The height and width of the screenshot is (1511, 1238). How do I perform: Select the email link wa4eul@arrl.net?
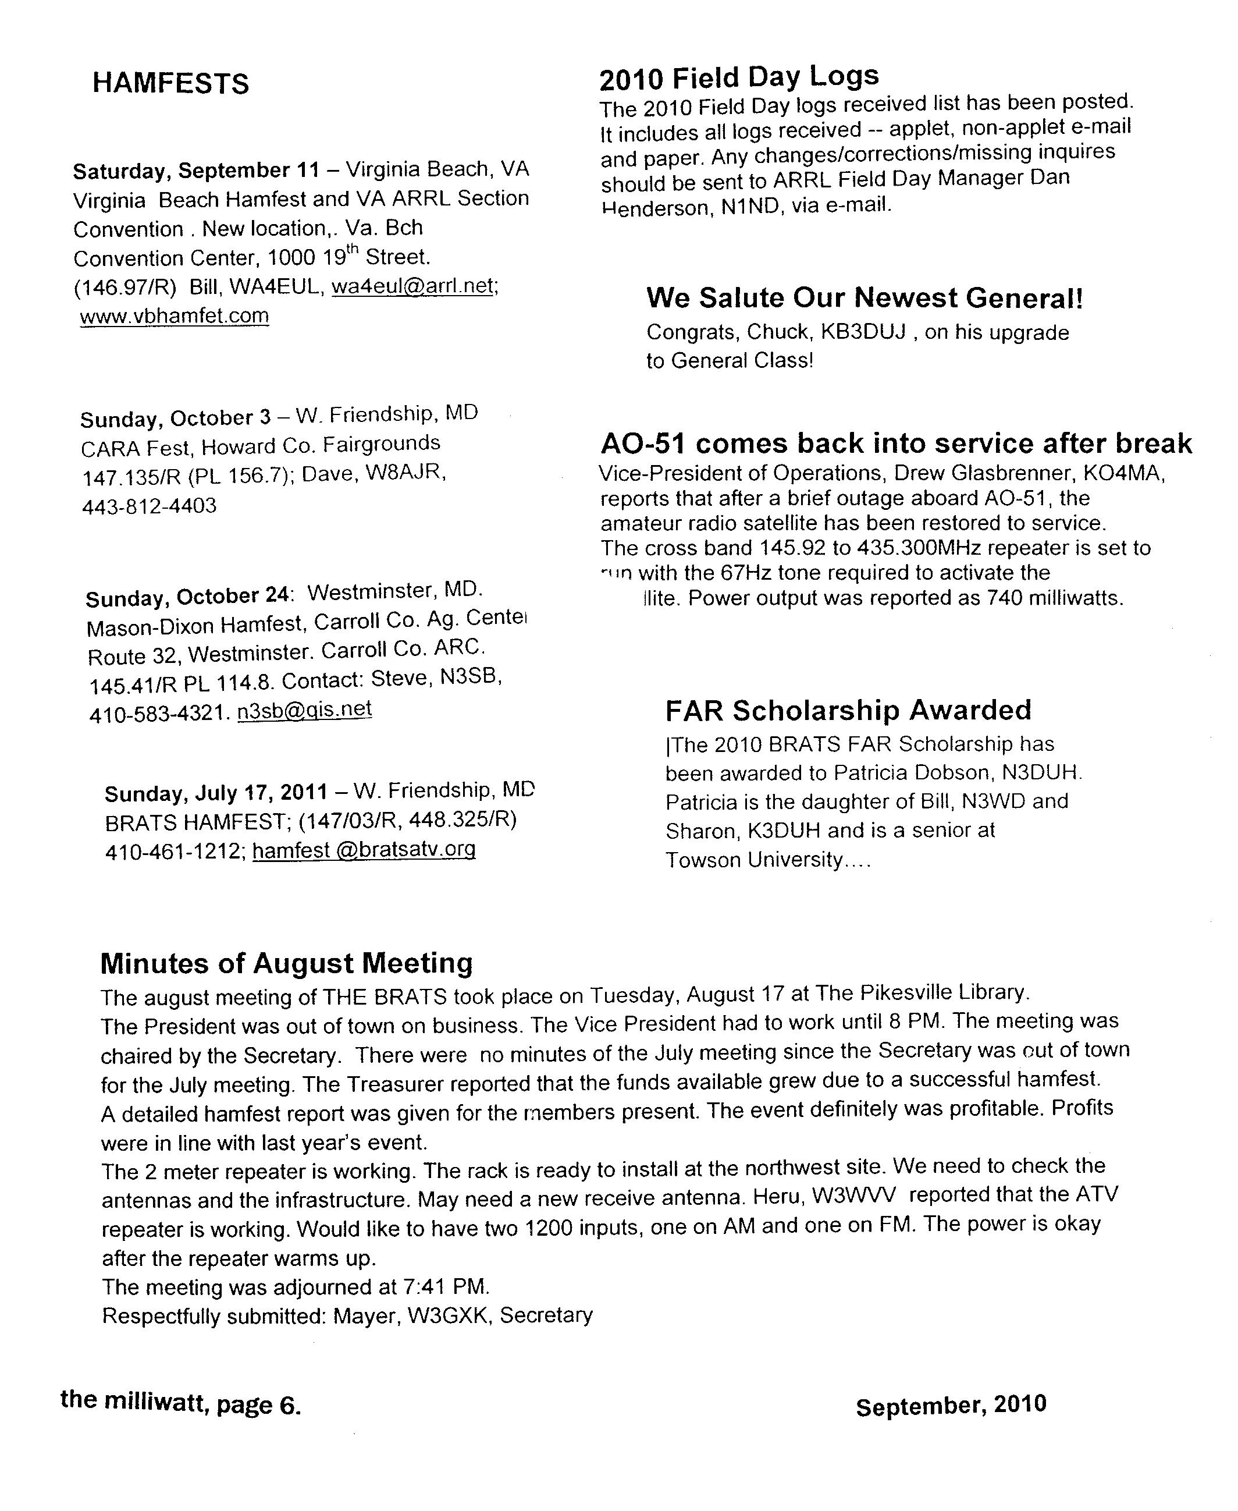coord(414,286)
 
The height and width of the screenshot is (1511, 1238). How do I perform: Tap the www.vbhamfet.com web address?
coord(174,315)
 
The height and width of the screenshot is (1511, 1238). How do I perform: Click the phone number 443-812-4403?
coord(149,506)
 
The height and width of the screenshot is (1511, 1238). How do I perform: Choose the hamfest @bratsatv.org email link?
coord(364,850)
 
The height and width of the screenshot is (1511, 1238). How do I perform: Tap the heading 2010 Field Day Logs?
coord(739,77)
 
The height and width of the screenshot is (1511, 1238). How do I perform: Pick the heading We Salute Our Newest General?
coord(865,297)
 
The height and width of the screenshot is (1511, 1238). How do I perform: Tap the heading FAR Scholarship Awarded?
coord(848,710)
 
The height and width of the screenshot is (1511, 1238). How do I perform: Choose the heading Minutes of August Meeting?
coord(287,963)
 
